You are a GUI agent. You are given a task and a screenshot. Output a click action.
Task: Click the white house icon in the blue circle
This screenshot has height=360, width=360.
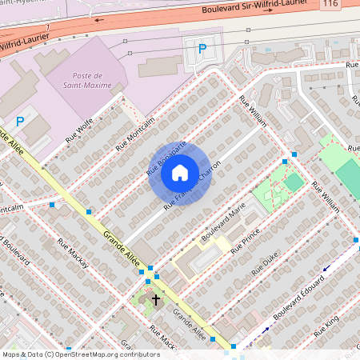click(x=180, y=173)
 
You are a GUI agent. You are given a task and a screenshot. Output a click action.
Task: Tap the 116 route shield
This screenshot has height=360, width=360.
click(x=330, y=5)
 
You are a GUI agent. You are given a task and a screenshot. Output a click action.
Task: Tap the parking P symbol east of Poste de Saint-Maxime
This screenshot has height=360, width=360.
click(x=202, y=50)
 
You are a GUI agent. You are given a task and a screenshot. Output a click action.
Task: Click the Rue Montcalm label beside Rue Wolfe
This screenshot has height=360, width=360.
click(x=134, y=130)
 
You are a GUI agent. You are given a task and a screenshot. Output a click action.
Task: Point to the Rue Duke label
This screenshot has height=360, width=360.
click(x=264, y=265)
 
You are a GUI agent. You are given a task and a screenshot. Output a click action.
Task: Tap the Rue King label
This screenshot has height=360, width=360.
click(x=327, y=324)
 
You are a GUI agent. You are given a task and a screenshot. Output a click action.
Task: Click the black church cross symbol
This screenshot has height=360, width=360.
click(x=155, y=299)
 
